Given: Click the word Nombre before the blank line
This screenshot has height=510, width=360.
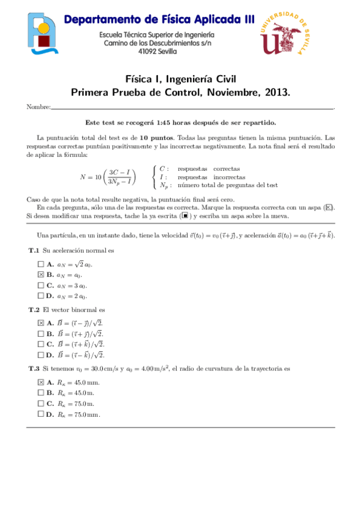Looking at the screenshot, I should click(x=38, y=107).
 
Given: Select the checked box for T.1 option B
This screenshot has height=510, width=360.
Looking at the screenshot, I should click(x=41, y=274).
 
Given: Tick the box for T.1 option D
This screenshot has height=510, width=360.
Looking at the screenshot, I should click(x=41, y=296).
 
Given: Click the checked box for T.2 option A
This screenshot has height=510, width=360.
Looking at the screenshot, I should click(x=41, y=322).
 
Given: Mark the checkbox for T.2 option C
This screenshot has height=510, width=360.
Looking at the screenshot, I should click(x=41, y=344).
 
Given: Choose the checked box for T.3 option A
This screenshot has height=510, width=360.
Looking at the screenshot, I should click(x=41, y=382).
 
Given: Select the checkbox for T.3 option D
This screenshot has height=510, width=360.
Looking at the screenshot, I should click(x=41, y=414).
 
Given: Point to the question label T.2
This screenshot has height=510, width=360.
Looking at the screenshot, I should click(x=34, y=309).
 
